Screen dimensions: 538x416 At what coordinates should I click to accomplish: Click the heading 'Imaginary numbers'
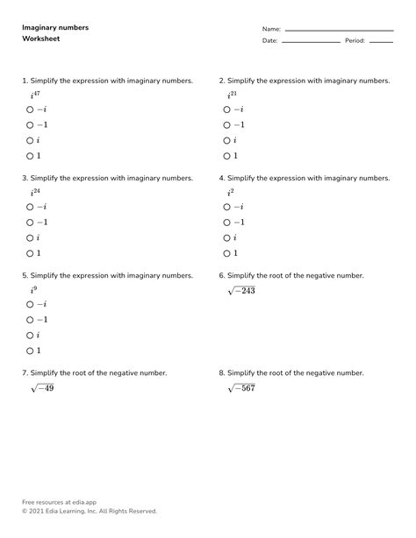(55, 28)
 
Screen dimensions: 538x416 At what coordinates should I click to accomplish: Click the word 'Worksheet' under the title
(41, 39)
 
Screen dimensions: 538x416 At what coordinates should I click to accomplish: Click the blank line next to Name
(339, 31)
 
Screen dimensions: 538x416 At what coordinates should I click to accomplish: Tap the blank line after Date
(310, 42)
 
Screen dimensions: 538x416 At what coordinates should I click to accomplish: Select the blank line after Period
(380, 42)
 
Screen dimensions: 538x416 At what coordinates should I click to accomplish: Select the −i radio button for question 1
(30, 110)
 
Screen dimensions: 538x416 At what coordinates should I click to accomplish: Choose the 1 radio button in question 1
(30, 156)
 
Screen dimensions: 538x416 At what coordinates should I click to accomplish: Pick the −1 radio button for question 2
(226, 125)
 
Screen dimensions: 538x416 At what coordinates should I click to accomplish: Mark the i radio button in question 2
(226, 140)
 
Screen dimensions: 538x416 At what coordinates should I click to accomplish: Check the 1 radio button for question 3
(30, 253)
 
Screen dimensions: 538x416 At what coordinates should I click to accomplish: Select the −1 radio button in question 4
(226, 223)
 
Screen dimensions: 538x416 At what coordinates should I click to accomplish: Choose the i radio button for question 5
(30, 335)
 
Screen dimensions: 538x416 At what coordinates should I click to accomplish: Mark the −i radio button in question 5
(30, 304)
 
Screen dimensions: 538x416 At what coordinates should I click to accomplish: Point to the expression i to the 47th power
(35, 94)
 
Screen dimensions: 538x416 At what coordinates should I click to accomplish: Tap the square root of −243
(240, 290)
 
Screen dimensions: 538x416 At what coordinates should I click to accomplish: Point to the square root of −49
(41, 387)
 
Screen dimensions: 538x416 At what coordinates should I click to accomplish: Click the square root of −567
(240, 387)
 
